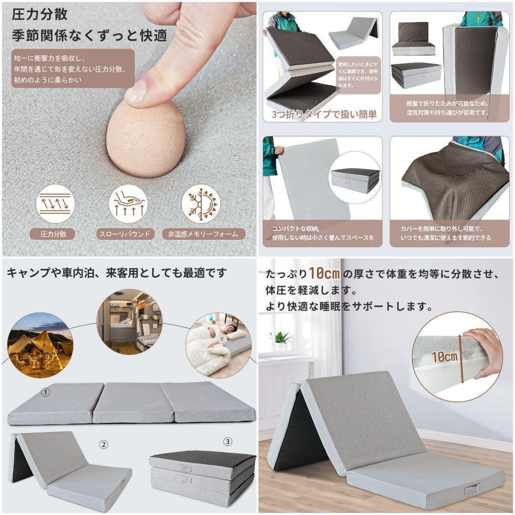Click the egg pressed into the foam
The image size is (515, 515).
point(145,138)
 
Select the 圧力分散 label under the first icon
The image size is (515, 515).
point(52,234)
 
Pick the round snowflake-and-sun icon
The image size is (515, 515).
point(201,204)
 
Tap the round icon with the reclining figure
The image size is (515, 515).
point(128,204)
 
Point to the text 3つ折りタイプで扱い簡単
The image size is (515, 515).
point(324,114)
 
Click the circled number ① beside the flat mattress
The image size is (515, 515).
point(45,392)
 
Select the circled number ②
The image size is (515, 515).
point(103,444)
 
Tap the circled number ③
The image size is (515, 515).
point(228,442)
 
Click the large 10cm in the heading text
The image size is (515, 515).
point(324,274)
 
